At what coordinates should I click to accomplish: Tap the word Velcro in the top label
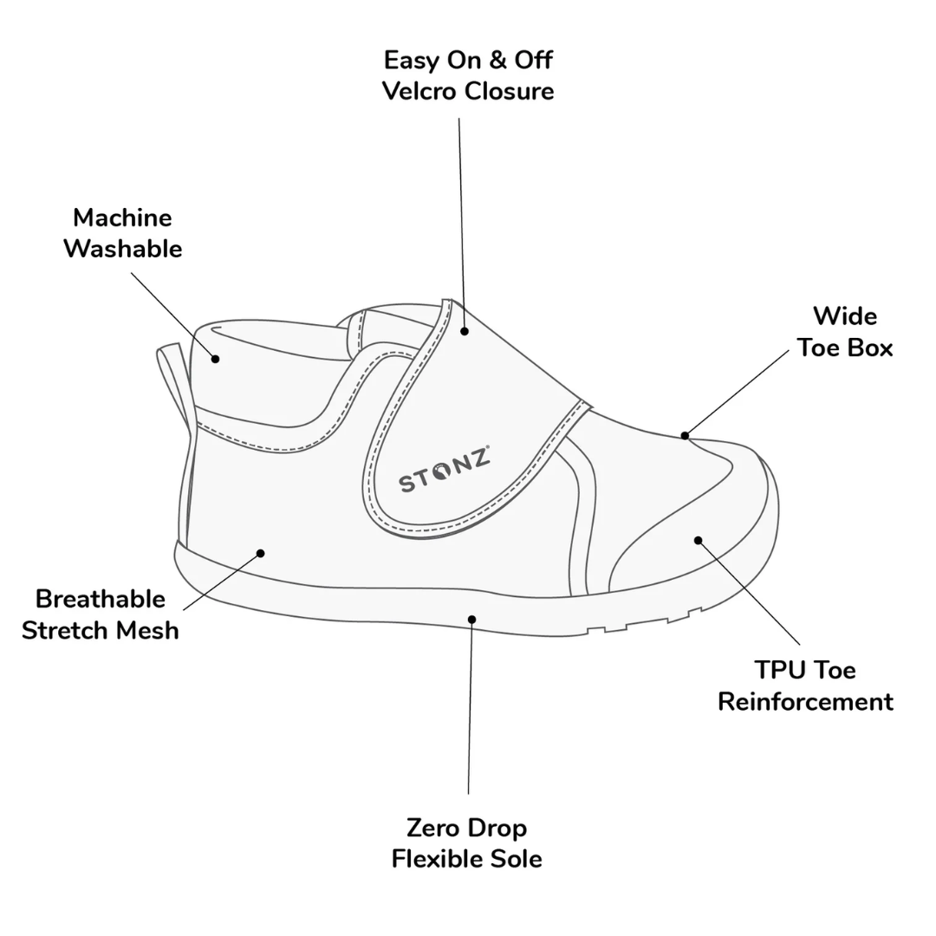coord(420,91)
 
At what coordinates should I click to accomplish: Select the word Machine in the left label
coord(122,218)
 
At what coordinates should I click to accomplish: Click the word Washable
coord(123,249)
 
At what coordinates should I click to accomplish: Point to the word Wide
coord(845,316)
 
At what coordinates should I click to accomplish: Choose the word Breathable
coord(101,599)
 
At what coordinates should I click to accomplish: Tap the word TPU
coord(776,670)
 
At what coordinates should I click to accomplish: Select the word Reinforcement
coord(805,702)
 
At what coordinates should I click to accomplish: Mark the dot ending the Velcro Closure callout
coord(464,331)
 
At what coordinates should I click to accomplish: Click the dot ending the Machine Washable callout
coord(215,359)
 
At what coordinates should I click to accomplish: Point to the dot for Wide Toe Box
coord(685,436)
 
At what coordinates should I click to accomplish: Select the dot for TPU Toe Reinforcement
coord(698,541)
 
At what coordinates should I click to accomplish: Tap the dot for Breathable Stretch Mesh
coord(260,553)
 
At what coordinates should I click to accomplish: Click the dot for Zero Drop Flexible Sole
coord(471,620)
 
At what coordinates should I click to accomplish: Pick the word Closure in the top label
coord(510,91)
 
